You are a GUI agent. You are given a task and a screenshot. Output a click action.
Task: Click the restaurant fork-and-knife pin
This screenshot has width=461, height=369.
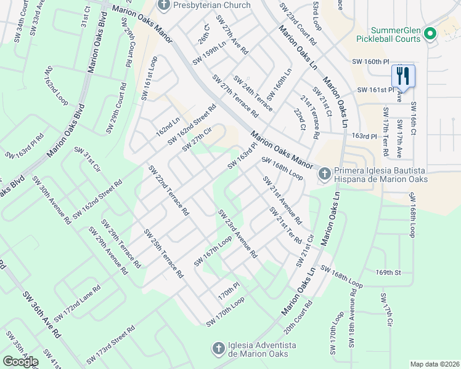404,76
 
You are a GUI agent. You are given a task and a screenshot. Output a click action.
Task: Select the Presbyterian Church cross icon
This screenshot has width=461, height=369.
163,6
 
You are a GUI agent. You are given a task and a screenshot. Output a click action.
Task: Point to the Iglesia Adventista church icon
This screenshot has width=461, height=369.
218,349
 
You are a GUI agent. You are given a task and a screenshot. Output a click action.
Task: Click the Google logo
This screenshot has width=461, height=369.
20,362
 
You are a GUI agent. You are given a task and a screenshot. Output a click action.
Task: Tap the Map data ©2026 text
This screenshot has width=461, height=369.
434,364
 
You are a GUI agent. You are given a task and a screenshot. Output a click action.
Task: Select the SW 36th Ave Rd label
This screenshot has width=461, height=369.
43,314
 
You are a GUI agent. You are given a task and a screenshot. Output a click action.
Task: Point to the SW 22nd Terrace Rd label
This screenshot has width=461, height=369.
168,190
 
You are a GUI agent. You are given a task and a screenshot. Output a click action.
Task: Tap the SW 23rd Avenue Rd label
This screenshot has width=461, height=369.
237,233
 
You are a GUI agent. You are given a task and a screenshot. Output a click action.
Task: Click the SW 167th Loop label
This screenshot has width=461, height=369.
213,251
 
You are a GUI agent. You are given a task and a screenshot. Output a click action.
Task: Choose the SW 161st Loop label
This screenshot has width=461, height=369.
149,77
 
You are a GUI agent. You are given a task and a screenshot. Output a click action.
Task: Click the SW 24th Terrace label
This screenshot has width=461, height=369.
252,90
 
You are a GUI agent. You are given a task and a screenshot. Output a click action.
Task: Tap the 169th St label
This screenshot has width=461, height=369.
388,271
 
